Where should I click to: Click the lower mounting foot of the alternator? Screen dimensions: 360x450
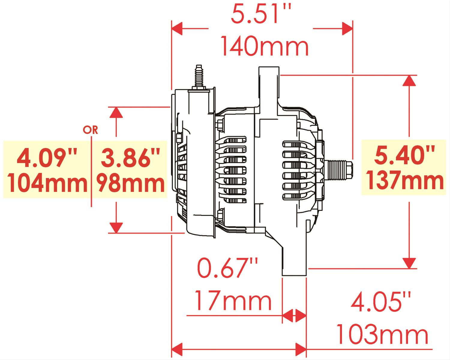(x=294, y=264)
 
